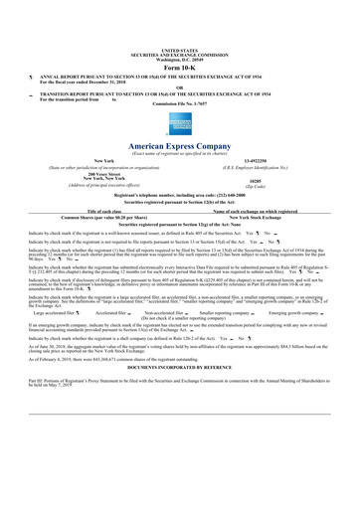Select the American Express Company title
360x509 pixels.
coord(180,144)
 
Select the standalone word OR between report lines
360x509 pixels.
coord(180,84)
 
